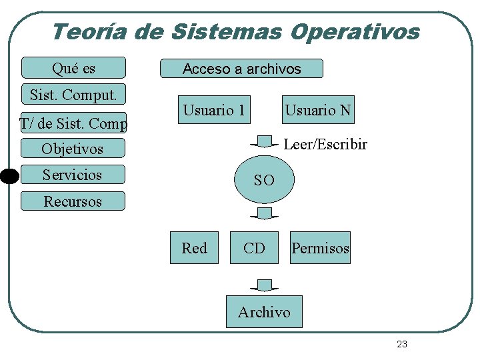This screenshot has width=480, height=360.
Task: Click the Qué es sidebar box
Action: tap(73, 68)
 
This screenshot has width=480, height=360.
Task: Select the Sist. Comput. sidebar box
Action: tap(73, 95)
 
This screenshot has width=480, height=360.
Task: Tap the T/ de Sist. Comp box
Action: tap(73, 123)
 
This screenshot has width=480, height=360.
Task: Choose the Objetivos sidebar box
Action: tap(73, 148)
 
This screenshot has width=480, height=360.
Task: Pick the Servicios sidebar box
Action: tap(73, 175)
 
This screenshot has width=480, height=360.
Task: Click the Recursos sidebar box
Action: tap(73, 201)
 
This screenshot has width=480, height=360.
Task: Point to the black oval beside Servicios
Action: tap(9, 176)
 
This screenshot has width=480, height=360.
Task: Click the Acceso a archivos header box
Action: tap(242, 69)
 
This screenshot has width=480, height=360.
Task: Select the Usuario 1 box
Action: tap(214, 110)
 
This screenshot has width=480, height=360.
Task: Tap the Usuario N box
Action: tap(318, 110)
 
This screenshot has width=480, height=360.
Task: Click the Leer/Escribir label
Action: tap(325, 144)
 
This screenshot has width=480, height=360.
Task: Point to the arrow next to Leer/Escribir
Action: tap(265, 142)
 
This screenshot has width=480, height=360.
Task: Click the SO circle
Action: tap(264, 179)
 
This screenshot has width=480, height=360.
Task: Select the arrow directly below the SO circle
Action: tap(265, 213)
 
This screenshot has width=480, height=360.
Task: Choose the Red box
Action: tap(194, 248)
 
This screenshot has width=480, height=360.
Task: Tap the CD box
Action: tap(254, 248)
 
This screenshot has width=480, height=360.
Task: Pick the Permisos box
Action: tap(320, 248)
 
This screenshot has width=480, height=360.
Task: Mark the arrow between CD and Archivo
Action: tap(265, 285)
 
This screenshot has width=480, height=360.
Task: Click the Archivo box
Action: tap(264, 311)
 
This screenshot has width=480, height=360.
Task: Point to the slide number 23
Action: tap(401, 344)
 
